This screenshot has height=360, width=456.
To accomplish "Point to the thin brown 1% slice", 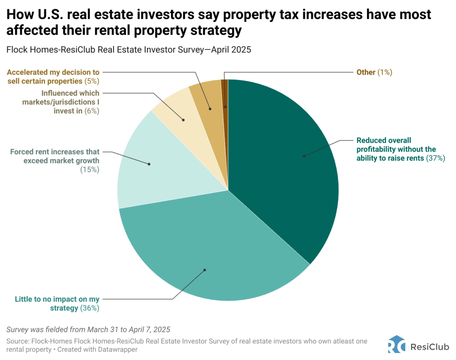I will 225,94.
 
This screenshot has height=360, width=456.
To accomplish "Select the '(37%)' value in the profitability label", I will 435,158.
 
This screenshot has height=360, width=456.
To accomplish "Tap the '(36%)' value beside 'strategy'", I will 90,308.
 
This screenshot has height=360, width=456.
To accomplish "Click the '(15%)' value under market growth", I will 90,169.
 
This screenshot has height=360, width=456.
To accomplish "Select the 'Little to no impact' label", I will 57,299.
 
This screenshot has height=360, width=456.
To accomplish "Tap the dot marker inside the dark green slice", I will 304,156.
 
